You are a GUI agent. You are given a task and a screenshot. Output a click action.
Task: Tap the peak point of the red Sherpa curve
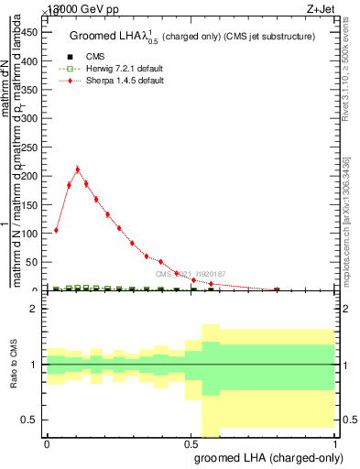78,169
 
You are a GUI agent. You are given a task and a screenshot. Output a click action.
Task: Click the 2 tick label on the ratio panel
36,309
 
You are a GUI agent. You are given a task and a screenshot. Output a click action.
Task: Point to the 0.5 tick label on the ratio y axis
31,420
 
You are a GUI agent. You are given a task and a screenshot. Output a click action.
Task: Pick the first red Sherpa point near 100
57,230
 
